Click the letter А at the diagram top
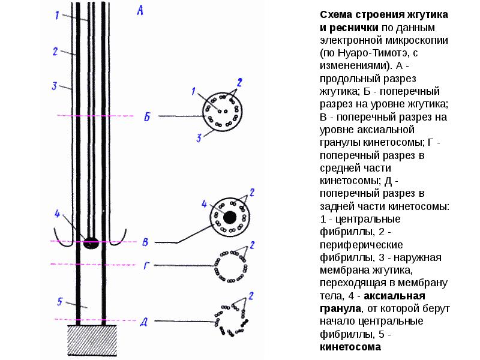[140, 10]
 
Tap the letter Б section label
[146, 116]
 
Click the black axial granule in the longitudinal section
[91, 242]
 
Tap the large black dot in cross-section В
[229, 215]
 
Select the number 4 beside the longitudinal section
[58, 214]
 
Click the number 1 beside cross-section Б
[194, 91]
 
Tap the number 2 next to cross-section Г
[253, 245]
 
